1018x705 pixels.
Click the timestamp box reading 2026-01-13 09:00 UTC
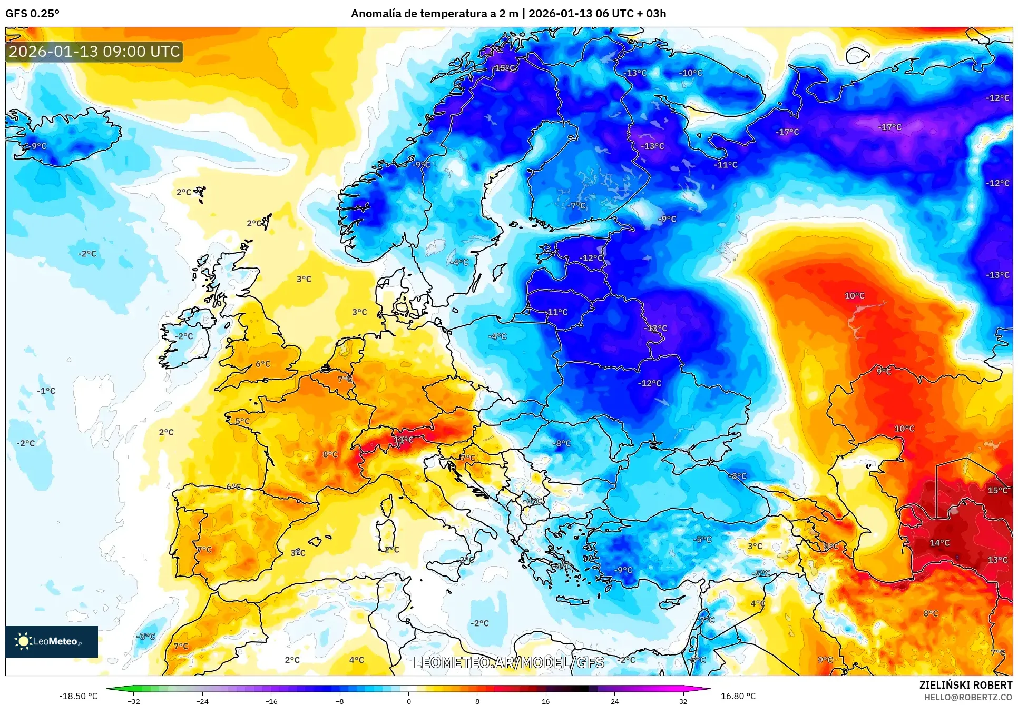[x=94, y=52]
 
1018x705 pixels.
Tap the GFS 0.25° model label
[x=32, y=14]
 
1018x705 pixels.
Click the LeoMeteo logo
[x=51, y=641]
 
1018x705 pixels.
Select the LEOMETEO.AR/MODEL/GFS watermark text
[x=508, y=662]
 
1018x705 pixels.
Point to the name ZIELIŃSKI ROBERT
[x=965, y=685]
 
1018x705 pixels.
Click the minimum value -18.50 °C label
[x=78, y=696]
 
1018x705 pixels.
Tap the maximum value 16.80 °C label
[x=738, y=696]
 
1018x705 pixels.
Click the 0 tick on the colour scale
[x=408, y=701]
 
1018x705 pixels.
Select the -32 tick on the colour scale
[x=134, y=701]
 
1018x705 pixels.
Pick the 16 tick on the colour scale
[x=545, y=701]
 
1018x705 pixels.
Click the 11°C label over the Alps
[x=403, y=439]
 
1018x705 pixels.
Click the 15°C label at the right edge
[x=997, y=490]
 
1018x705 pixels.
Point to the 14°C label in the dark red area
[x=939, y=542]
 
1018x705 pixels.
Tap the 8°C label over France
[x=330, y=454]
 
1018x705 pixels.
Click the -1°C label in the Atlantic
[x=46, y=391]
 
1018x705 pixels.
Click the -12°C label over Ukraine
[x=649, y=383]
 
